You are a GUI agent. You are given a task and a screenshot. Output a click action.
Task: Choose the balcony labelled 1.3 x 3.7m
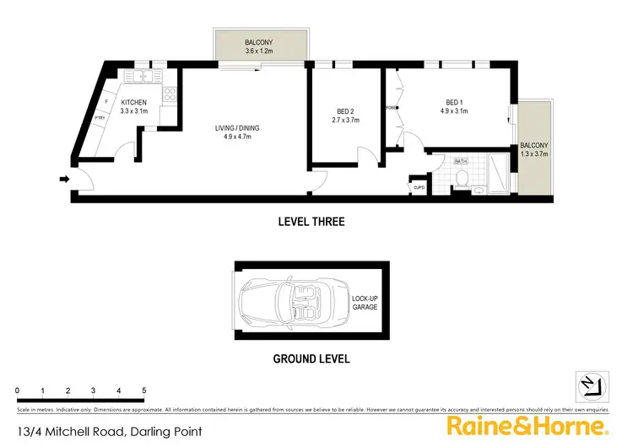534,149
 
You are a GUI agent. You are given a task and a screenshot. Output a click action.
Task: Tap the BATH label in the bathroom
461,160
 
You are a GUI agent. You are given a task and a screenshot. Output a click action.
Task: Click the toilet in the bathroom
461,177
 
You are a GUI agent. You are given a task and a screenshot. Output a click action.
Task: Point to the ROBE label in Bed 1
391,108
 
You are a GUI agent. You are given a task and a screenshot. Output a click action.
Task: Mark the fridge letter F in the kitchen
105,102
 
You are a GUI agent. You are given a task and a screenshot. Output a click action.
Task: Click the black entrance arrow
65,178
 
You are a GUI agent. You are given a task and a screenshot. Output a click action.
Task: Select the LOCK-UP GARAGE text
365,302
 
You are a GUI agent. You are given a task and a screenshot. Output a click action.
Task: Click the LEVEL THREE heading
311,222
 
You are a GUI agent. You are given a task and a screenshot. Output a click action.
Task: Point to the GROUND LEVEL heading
311,358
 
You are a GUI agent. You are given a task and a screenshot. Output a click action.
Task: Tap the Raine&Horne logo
527,424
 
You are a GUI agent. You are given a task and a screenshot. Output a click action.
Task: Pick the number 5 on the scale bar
144,390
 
